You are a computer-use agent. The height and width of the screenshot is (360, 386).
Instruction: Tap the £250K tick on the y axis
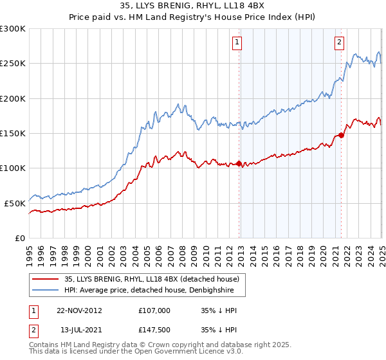tap(13, 64)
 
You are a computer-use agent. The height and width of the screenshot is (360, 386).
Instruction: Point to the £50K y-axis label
tap(15, 203)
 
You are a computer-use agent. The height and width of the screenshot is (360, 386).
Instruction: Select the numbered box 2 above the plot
tap(339, 42)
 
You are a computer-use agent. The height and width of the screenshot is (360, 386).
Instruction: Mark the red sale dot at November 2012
tap(239, 163)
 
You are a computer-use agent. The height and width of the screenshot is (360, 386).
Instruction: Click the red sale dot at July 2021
tap(341, 135)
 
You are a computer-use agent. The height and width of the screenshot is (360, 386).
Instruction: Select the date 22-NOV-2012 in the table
tap(79, 310)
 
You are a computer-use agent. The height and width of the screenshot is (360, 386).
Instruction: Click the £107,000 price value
tap(154, 310)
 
